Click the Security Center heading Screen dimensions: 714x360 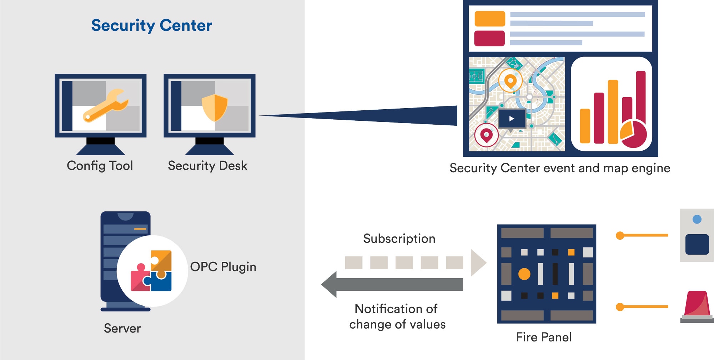(152, 26)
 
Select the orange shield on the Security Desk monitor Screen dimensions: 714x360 (215, 107)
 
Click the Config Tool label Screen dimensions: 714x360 (100, 166)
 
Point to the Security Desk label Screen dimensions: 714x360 (207, 166)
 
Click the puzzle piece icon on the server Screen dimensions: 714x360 (151, 271)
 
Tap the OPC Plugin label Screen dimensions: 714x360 (223, 267)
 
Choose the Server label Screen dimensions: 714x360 (122, 328)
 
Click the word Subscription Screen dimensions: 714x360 (399, 239)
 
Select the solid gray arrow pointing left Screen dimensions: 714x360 (392, 284)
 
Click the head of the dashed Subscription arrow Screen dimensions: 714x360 (479, 263)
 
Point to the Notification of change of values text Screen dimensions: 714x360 (397, 316)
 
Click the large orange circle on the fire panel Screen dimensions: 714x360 (524, 274)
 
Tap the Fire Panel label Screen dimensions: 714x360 (544, 337)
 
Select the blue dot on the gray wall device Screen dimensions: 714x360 (697, 219)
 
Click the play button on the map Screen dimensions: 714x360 (512, 119)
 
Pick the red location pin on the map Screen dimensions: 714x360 (486, 135)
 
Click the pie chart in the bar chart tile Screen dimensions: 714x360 (633, 134)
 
